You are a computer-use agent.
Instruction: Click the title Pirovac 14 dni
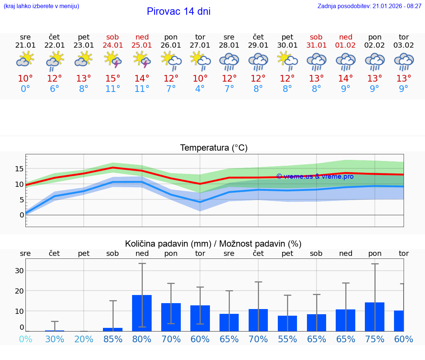point(179,11)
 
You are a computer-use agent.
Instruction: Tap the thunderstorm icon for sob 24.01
point(113,59)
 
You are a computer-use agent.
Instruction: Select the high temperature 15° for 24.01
point(113,79)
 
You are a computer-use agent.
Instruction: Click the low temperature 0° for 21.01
point(25,89)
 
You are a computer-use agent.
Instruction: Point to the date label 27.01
point(200,45)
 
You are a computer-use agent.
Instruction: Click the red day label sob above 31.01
point(316,37)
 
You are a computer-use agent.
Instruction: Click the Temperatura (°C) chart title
point(214,148)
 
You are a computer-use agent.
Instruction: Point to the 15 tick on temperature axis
point(19,169)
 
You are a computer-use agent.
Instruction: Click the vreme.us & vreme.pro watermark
point(315,176)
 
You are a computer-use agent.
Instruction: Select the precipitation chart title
point(213,244)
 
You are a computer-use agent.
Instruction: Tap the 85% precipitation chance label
point(113,339)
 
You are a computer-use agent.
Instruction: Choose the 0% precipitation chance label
point(25,339)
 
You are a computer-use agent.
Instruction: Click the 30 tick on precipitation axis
point(19,271)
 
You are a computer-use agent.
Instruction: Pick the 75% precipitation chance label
point(375,339)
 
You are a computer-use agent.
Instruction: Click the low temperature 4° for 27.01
point(200,89)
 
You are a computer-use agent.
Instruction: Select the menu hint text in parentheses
point(41,6)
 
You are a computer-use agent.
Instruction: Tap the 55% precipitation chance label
point(287,339)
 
